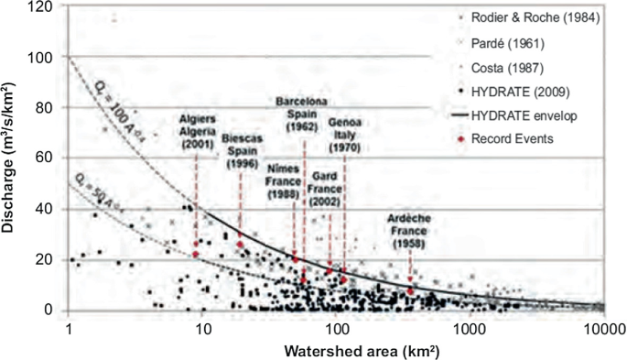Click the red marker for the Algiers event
coord(196,254)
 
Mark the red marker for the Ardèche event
coord(411,291)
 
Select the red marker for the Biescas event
coord(241,244)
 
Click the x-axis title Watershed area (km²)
coord(335,350)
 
